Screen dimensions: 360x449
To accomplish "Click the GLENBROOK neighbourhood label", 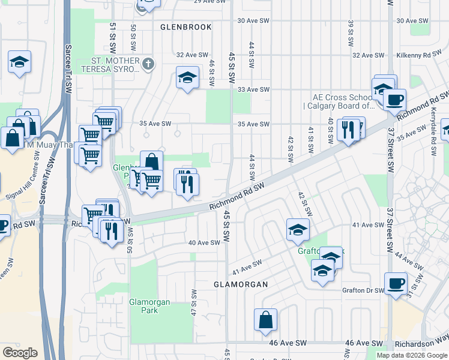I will [x=186, y=27].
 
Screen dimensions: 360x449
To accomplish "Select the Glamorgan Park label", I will [x=149, y=306].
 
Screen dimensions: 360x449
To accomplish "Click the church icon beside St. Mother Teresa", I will [x=148, y=62].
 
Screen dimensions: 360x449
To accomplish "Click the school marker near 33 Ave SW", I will [x=187, y=77].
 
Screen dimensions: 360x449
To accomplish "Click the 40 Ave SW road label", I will [x=204, y=243].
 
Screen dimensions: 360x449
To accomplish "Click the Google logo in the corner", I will [x=20, y=353].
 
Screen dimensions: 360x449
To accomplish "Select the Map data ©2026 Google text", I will [x=412, y=355].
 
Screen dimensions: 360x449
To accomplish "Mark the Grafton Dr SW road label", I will [x=363, y=290].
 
